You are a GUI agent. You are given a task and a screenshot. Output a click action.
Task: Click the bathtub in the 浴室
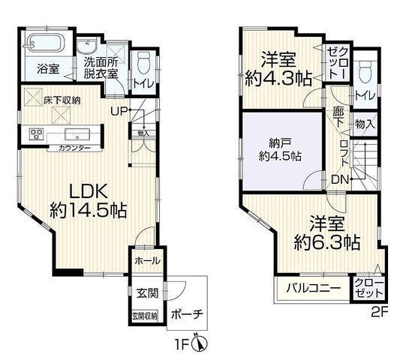[x=45, y=43]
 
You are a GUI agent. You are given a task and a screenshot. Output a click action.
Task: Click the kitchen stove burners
[x=35, y=134]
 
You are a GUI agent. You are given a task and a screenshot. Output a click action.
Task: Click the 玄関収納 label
[x=144, y=316]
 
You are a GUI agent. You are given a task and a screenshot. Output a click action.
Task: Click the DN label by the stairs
[x=338, y=180]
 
